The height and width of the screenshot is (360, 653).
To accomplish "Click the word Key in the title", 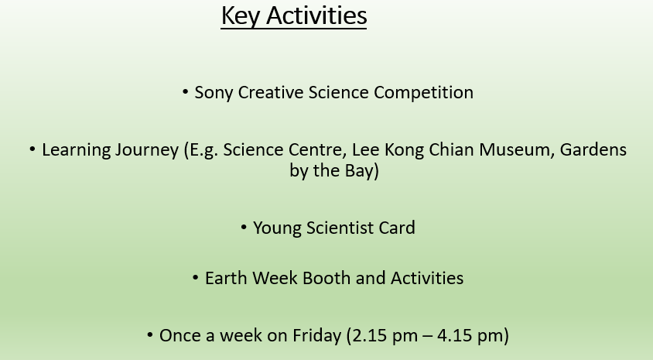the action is (241, 16).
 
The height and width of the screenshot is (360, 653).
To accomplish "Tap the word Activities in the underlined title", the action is (316, 15).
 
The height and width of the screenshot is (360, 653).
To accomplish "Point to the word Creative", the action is (270, 92).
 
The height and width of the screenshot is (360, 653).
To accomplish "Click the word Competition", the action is (423, 92).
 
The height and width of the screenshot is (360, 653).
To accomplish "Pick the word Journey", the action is (146, 150).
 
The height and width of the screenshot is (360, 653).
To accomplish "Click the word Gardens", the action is (593, 149).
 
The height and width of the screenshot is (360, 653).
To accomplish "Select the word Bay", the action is (361, 171).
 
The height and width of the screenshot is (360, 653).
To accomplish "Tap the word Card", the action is (397, 228).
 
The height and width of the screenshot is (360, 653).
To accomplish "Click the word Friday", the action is (316, 336).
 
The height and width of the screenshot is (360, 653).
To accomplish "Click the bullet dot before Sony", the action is (186, 92).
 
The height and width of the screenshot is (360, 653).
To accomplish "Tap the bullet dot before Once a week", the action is (150, 335).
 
